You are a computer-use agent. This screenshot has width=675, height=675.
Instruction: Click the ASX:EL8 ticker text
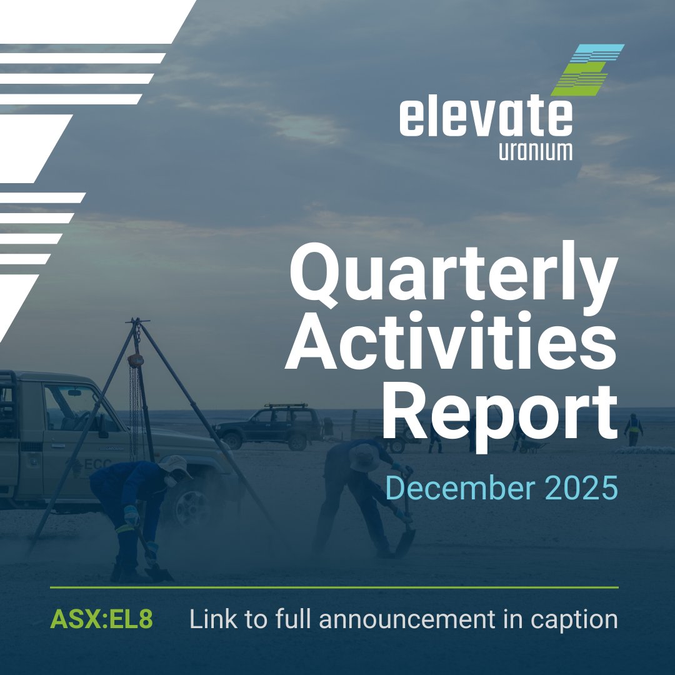[x=101, y=619]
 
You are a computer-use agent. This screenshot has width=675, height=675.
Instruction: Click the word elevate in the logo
[x=486, y=119]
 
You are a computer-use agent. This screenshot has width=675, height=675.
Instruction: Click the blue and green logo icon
[x=587, y=69]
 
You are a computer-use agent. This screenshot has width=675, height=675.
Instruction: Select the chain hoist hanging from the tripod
[x=135, y=361]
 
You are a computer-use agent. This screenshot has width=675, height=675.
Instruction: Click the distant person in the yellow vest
[x=634, y=429]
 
